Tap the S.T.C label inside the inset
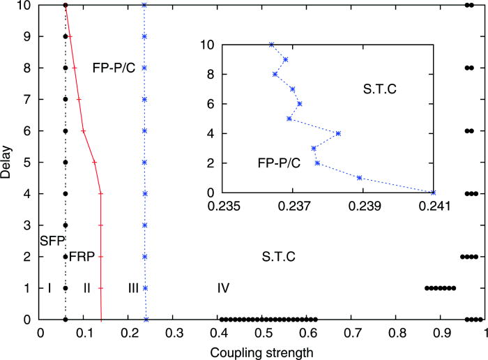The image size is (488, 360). (x=380, y=89)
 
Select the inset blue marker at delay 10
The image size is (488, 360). (x=271, y=45)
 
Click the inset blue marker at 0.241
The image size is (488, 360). (x=434, y=193)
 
